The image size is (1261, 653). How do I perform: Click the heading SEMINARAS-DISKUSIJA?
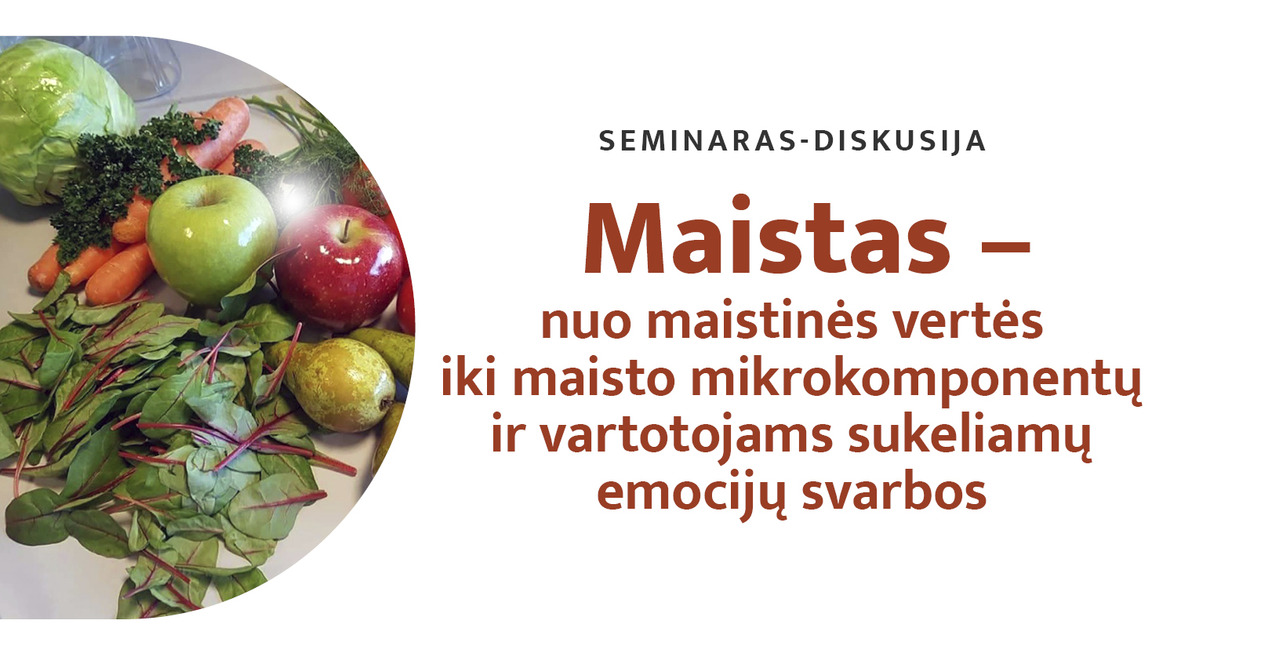coord(793,141)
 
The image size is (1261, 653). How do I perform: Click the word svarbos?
coord(894,490)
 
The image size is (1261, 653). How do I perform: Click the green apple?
coord(212,239)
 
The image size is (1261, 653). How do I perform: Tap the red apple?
coord(340,267)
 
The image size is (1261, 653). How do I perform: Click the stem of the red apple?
coord(345,230)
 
